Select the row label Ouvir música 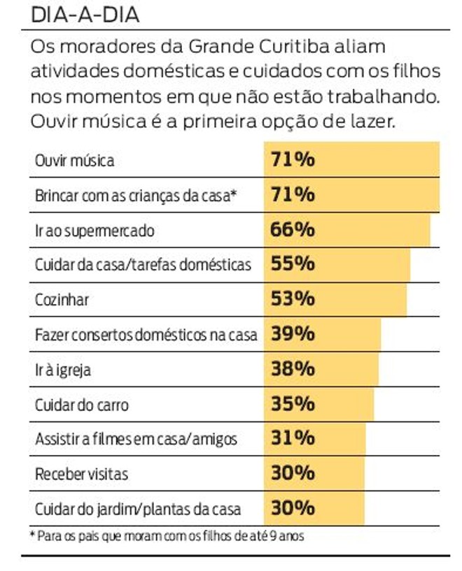coord(74,161)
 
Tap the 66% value coord(292,230)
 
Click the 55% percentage coord(292,264)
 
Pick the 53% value coord(292,299)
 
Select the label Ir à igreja coord(63,370)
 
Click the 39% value coord(292,334)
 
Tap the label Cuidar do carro coord(82,405)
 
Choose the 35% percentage coord(292,404)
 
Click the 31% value coord(292,439)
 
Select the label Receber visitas coord(81,474)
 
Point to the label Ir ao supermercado coord(94,231)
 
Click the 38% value coord(292,369)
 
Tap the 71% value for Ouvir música coord(292,160)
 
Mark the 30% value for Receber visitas coord(292,473)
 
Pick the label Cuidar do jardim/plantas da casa coord(137,509)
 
